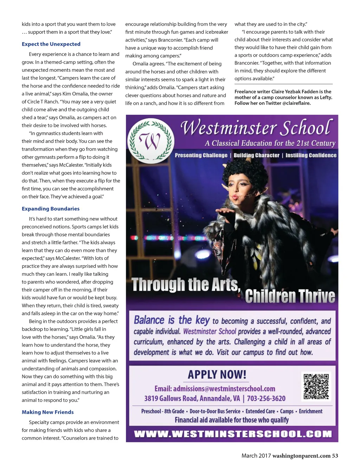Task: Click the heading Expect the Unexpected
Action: (x=51, y=44)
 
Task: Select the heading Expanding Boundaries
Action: (x=51, y=209)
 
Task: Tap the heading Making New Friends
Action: (x=48, y=412)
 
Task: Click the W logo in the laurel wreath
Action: (x=150, y=140)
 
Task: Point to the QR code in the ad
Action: (x=316, y=386)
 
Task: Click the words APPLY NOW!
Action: (x=217, y=374)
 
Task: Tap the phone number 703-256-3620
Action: (x=266, y=398)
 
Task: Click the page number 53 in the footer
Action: (x=335, y=456)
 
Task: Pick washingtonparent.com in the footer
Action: (x=301, y=456)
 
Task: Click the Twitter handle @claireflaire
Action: (x=296, y=103)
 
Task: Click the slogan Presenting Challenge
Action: (x=201, y=155)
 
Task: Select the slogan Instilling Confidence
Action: (x=311, y=155)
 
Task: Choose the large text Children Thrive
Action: (x=290, y=296)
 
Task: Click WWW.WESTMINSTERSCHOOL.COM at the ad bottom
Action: (x=233, y=434)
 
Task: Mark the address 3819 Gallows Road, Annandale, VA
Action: (x=192, y=398)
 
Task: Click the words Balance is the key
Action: (x=172, y=320)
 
